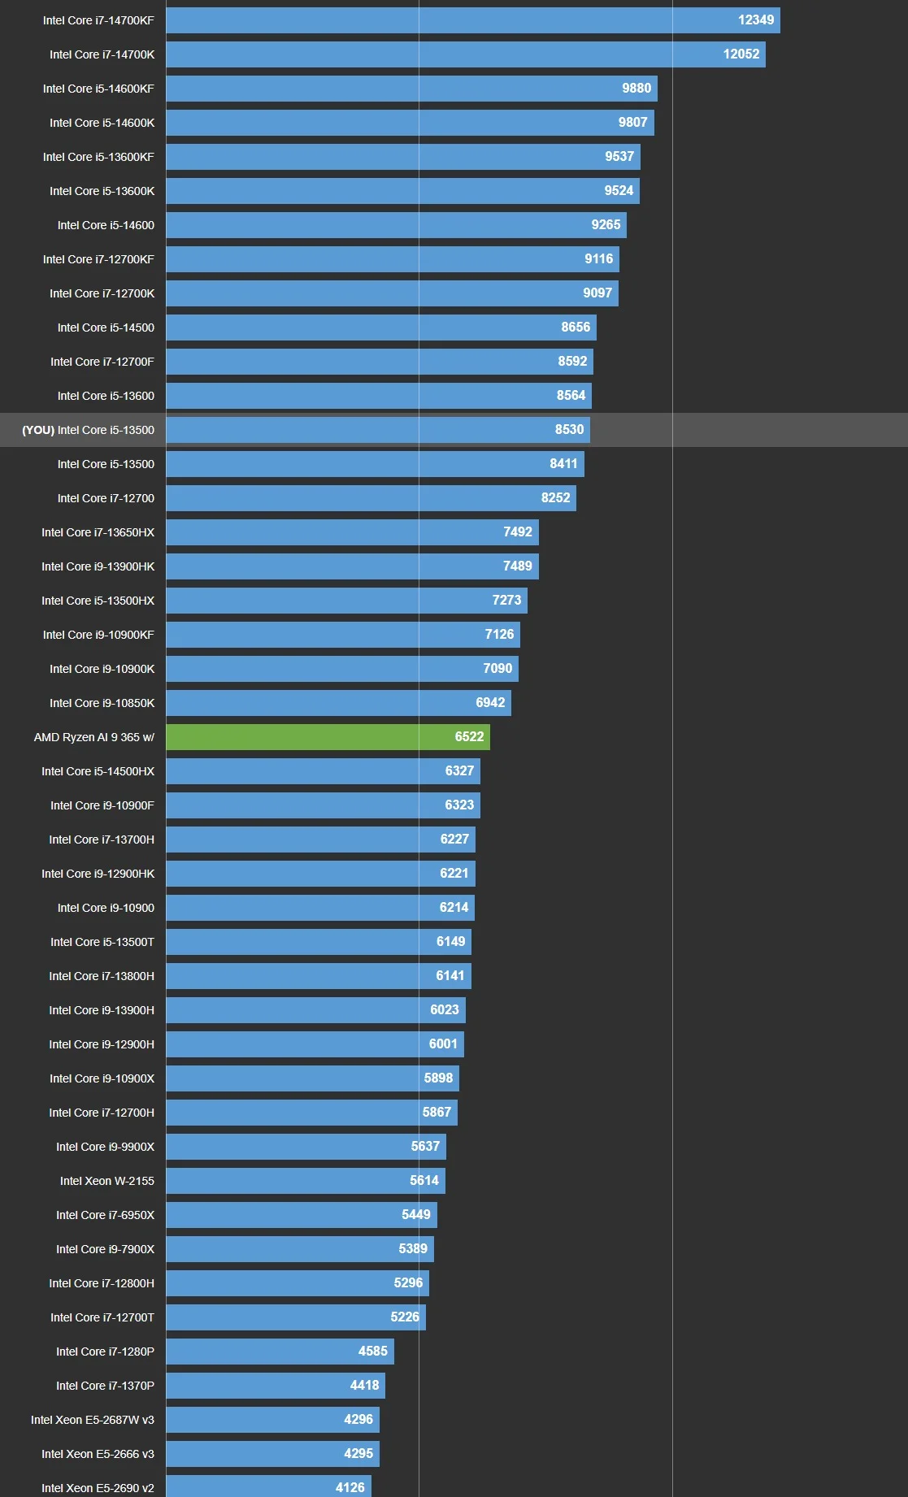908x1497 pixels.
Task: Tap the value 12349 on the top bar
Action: pos(755,20)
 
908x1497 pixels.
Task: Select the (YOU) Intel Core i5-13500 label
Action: pos(88,430)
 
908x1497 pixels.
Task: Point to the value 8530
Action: pos(569,430)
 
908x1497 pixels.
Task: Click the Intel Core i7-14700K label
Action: pos(102,54)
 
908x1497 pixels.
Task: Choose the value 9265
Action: pos(606,225)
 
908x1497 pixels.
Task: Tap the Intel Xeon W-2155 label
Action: pos(106,1181)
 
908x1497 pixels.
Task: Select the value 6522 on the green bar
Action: pos(469,737)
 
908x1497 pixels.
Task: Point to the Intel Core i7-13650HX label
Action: pos(98,532)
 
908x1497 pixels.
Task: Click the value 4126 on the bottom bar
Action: pos(350,1487)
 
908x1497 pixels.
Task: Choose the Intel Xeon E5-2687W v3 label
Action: pos(92,1420)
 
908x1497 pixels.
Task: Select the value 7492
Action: pos(517,532)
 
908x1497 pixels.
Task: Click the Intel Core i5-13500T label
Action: pos(102,942)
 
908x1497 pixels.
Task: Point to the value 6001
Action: pos(443,1044)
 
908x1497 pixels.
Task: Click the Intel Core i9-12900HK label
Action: pos(98,874)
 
